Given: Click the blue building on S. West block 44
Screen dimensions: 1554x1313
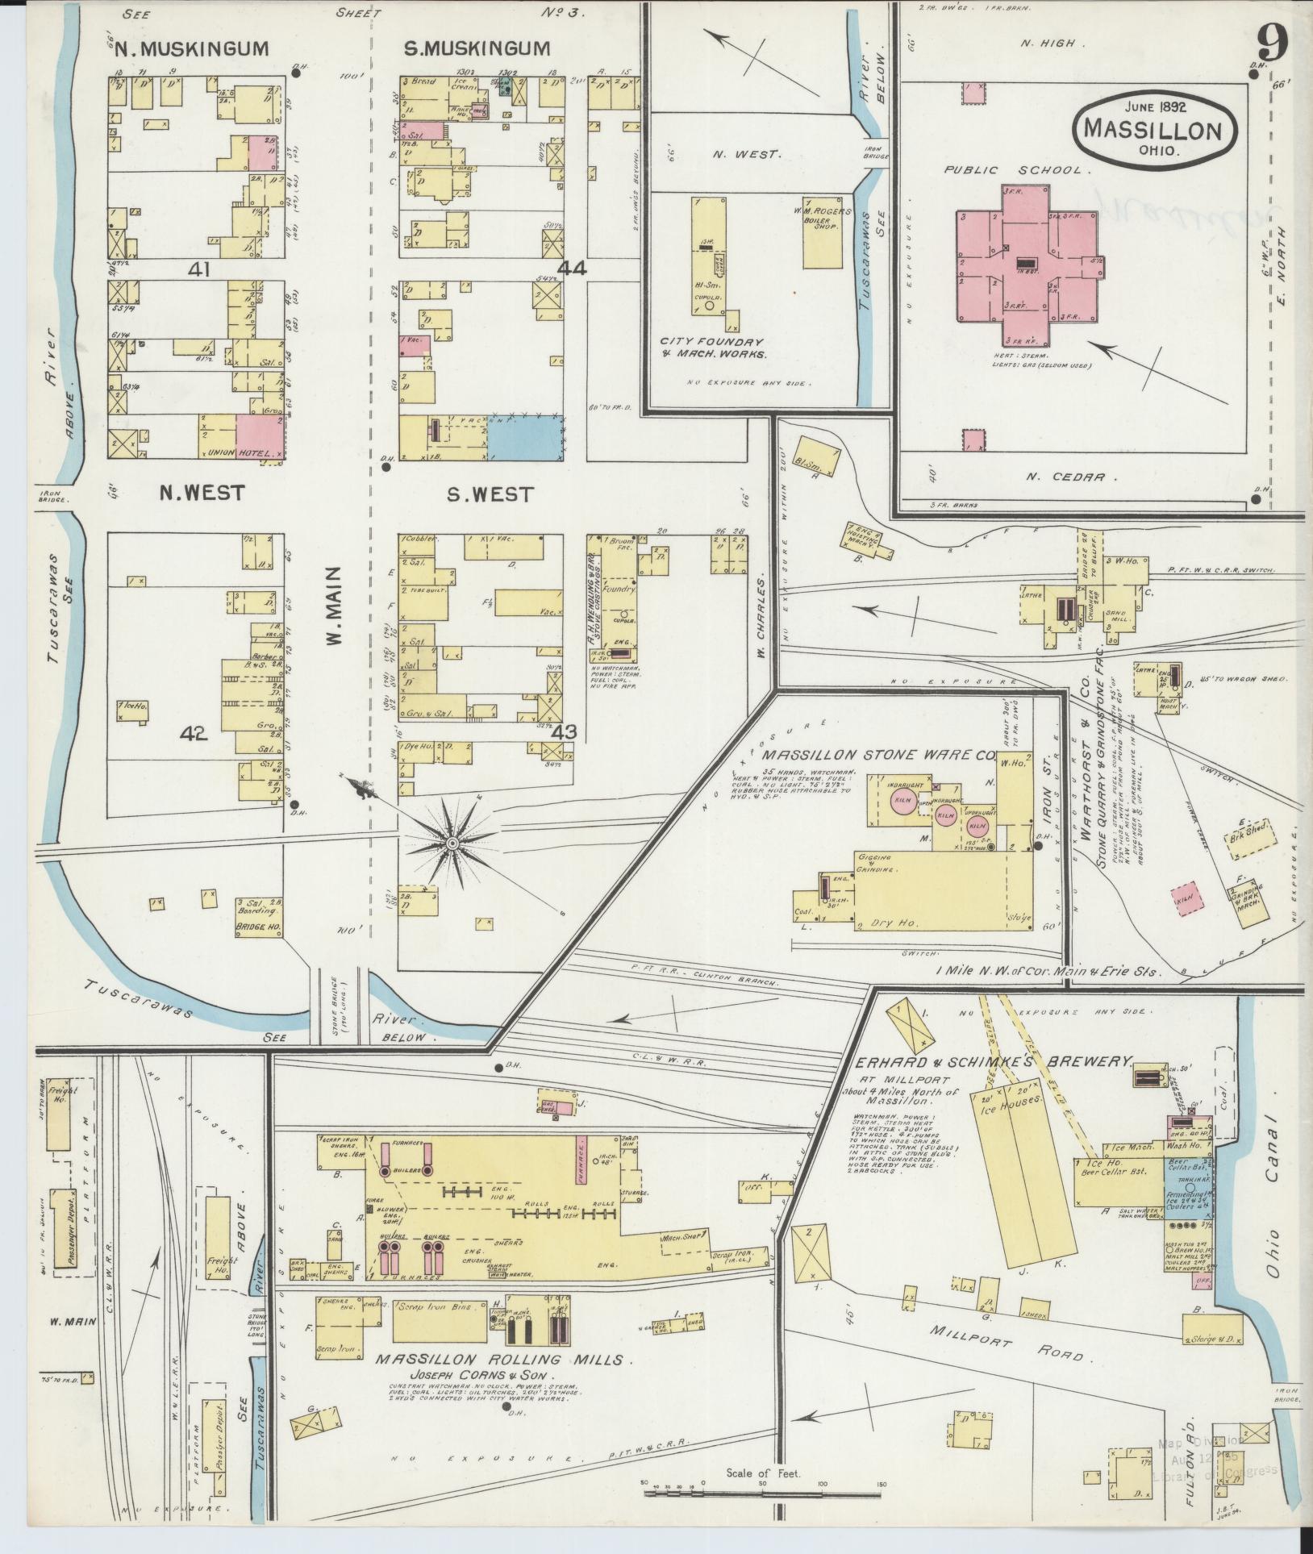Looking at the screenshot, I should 524,438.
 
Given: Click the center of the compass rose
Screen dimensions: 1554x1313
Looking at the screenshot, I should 452,844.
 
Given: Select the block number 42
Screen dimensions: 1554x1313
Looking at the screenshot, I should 194,733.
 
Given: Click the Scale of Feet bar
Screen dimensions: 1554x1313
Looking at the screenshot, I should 762,1493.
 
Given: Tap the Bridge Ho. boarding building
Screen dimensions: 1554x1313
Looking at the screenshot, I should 258,917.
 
